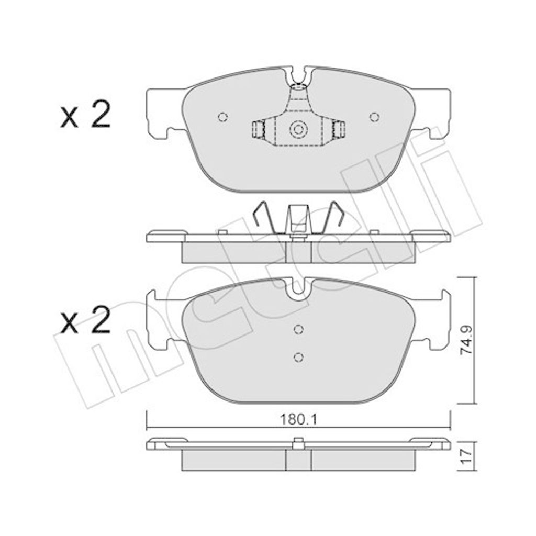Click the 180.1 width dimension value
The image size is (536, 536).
pyautogui.click(x=298, y=419)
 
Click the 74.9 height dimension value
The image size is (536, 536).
pyautogui.click(x=466, y=340)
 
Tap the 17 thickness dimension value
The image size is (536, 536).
pyautogui.click(x=466, y=456)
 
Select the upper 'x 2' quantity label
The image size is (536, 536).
pyautogui.click(x=85, y=115)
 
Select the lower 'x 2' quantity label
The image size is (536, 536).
pyautogui.click(x=85, y=320)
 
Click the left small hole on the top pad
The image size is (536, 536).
pyautogui.click(x=222, y=117)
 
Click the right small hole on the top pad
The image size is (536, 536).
pyautogui.click(x=375, y=117)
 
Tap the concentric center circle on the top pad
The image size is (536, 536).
pyautogui.click(x=298, y=130)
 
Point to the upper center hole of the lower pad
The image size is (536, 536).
pyautogui.click(x=298, y=329)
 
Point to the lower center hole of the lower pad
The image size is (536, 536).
pyautogui.click(x=298, y=357)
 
